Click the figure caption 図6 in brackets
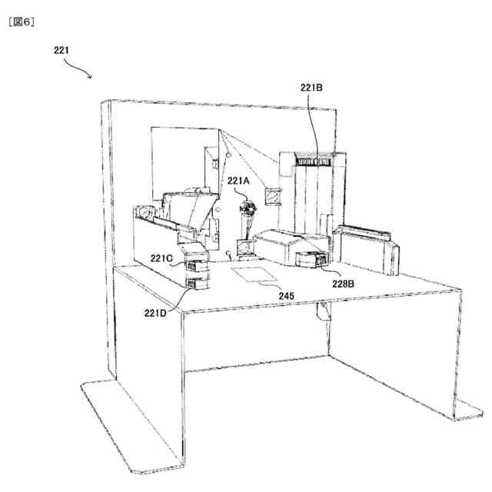tap(24, 21)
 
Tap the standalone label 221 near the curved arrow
tap(62, 51)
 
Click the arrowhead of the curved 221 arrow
tap(91, 77)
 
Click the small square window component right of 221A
tap(272, 198)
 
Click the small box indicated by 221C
tap(198, 268)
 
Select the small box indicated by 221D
tap(198, 283)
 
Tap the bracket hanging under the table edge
tap(324, 311)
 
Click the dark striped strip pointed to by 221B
tap(316, 161)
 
